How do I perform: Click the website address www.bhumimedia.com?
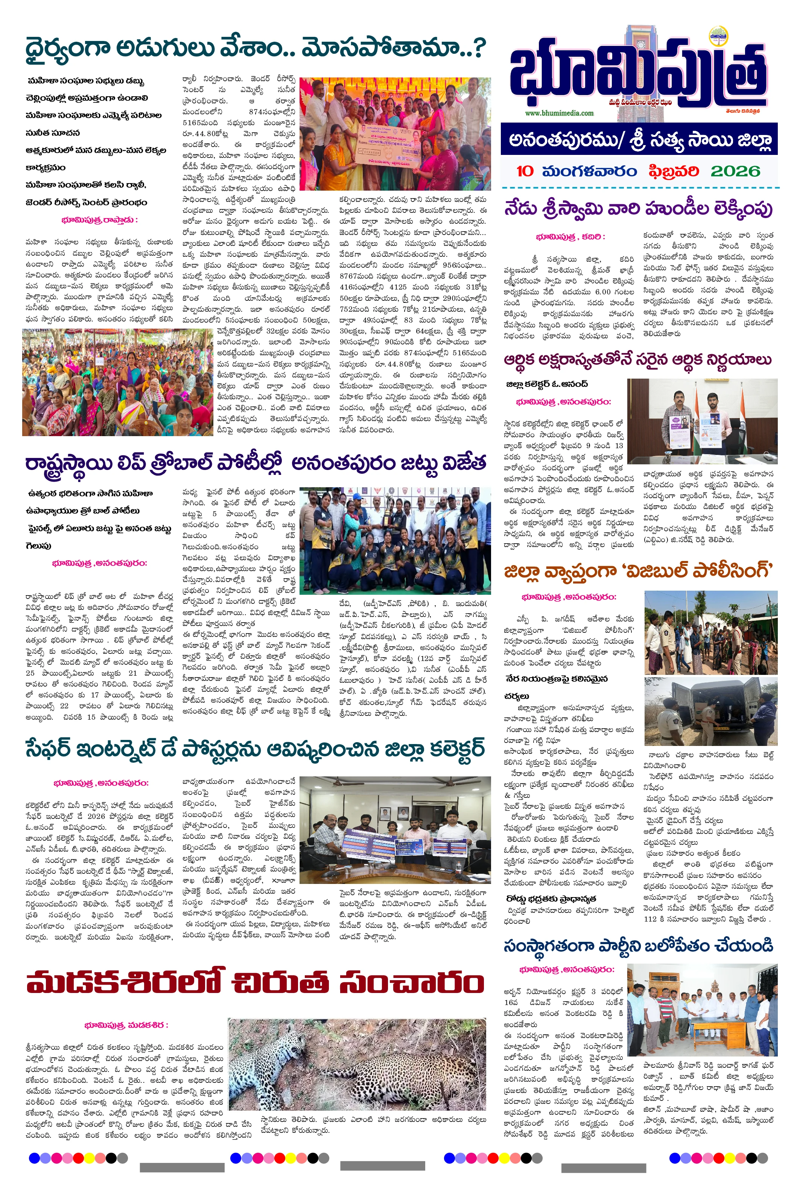(559, 113)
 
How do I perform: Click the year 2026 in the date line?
(735, 171)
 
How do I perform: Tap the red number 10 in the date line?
(525, 171)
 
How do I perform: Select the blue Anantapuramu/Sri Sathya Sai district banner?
(639, 139)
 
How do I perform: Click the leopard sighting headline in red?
(255, 982)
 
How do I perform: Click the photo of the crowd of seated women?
(117, 382)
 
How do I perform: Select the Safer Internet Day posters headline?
(255, 749)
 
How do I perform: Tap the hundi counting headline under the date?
(638, 209)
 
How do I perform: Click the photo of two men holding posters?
(702, 421)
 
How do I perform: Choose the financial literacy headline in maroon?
(638, 360)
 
